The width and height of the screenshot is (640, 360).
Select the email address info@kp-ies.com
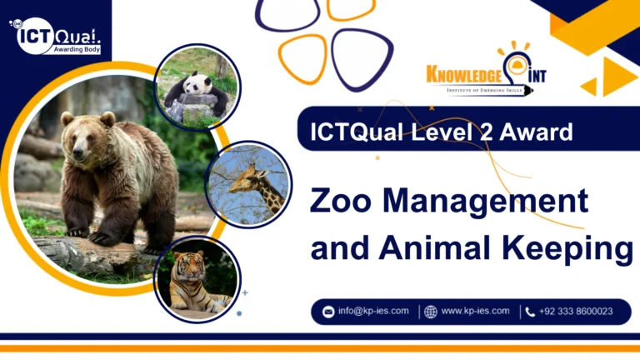coord(372,312)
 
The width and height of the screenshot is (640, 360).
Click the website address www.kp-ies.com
coord(474,312)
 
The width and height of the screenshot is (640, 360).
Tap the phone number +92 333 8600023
coord(576,312)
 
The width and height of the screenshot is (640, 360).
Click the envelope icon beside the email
coord(328,312)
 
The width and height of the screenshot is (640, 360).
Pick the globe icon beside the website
coord(430,312)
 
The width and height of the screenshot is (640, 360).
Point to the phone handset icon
coord(530,312)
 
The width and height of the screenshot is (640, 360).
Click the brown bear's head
coord(84,133)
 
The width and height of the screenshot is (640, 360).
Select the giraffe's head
coord(242,178)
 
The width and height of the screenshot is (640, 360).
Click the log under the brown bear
coord(92,253)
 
